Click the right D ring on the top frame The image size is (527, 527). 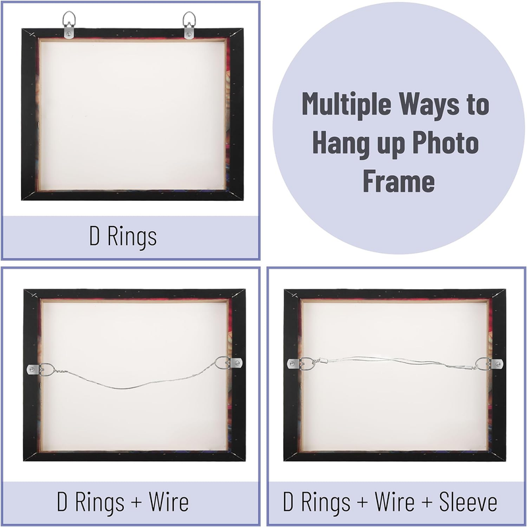[x=190, y=20]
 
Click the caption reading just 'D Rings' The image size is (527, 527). [x=123, y=236]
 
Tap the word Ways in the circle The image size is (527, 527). [x=443, y=105]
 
